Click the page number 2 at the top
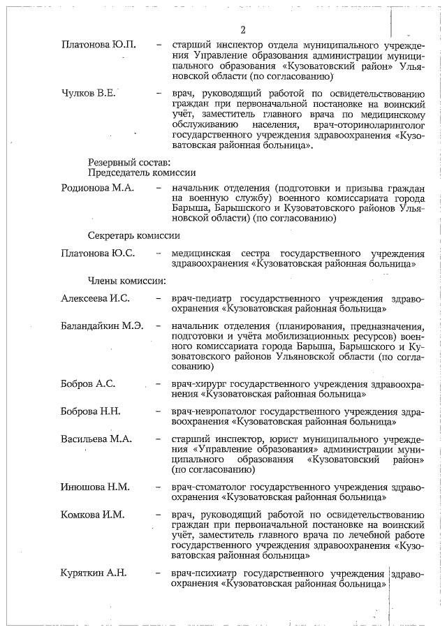pyautogui.click(x=242, y=29)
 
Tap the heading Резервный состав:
pyautogui.click(x=124, y=162)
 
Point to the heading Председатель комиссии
pyautogui.click(x=141, y=172)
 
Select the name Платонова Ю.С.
pyautogui.click(x=98, y=253)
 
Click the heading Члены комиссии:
pyautogui.click(x=126, y=281)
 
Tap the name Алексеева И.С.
pyautogui.click(x=96, y=298)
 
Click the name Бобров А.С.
pyautogui.click(x=89, y=383)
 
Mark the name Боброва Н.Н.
pyautogui.click(x=91, y=411)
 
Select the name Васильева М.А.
pyautogui.click(x=97, y=439)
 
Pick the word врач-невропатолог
pyautogui.click(x=213, y=411)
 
